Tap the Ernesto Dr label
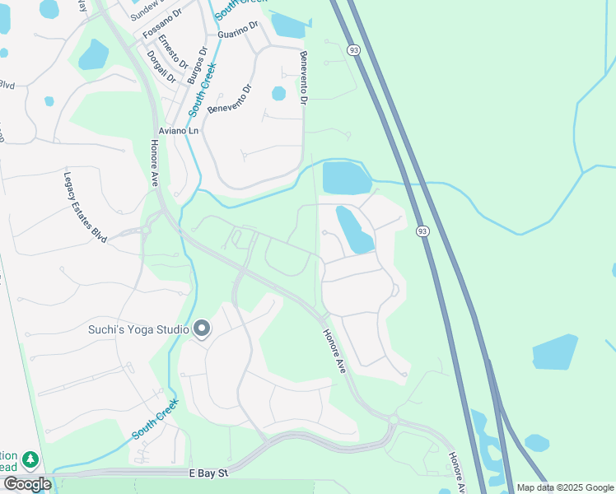coord(174,49)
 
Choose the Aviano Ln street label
coord(179,131)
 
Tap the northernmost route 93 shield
coord(353,51)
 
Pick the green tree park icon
coord(30,459)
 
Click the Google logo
coord(27,484)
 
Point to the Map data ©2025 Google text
coord(565,487)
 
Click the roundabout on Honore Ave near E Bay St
coord(392,420)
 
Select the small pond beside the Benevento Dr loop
coord(278,94)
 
